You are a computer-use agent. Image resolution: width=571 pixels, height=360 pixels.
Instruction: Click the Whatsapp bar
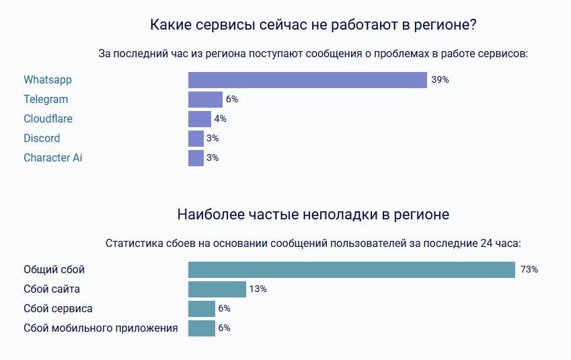click(x=307, y=80)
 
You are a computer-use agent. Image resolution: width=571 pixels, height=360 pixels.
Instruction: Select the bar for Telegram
click(x=205, y=100)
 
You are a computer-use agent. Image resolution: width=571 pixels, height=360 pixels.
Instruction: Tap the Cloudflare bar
click(x=200, y=119)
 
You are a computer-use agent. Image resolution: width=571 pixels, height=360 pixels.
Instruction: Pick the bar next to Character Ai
click(x=196, y=158)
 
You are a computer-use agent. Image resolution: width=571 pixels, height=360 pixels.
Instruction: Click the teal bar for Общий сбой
click(x=351, y=270)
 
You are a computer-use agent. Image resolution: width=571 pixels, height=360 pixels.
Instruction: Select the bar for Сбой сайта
click(x=217, y=289)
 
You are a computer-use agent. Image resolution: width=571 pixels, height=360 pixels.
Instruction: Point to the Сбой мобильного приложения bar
click(x=202, y=328)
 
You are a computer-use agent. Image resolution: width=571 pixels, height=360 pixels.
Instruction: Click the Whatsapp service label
click(x=48, y=80)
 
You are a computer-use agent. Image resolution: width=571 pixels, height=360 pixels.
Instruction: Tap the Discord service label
click(x=42, y=139)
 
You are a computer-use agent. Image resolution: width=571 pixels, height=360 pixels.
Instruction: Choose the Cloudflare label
click(x=48, y=119)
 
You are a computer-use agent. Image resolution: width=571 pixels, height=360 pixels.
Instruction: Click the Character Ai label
click(x=53, y=158)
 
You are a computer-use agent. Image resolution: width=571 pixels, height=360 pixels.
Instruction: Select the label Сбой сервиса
click(x=58, y=309)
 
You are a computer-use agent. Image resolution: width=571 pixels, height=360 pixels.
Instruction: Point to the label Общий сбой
click(x=54, y=270)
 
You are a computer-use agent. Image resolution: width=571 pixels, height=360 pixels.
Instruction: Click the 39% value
click(x=440, y=80)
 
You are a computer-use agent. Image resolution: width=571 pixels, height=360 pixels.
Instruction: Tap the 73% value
click(x=529, y=270)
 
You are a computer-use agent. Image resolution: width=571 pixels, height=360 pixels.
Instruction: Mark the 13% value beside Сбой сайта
click(x=258, y=289)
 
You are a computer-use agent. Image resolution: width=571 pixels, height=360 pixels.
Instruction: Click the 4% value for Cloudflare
click(x=221, y=119)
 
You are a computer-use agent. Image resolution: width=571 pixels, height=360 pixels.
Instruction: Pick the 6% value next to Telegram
click(x=232, y=100)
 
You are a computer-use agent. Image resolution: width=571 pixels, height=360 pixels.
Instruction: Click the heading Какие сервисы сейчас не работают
click(x=313, y=26)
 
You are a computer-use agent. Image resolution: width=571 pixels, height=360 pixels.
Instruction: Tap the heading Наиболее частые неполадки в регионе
click(x=313, y=215)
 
